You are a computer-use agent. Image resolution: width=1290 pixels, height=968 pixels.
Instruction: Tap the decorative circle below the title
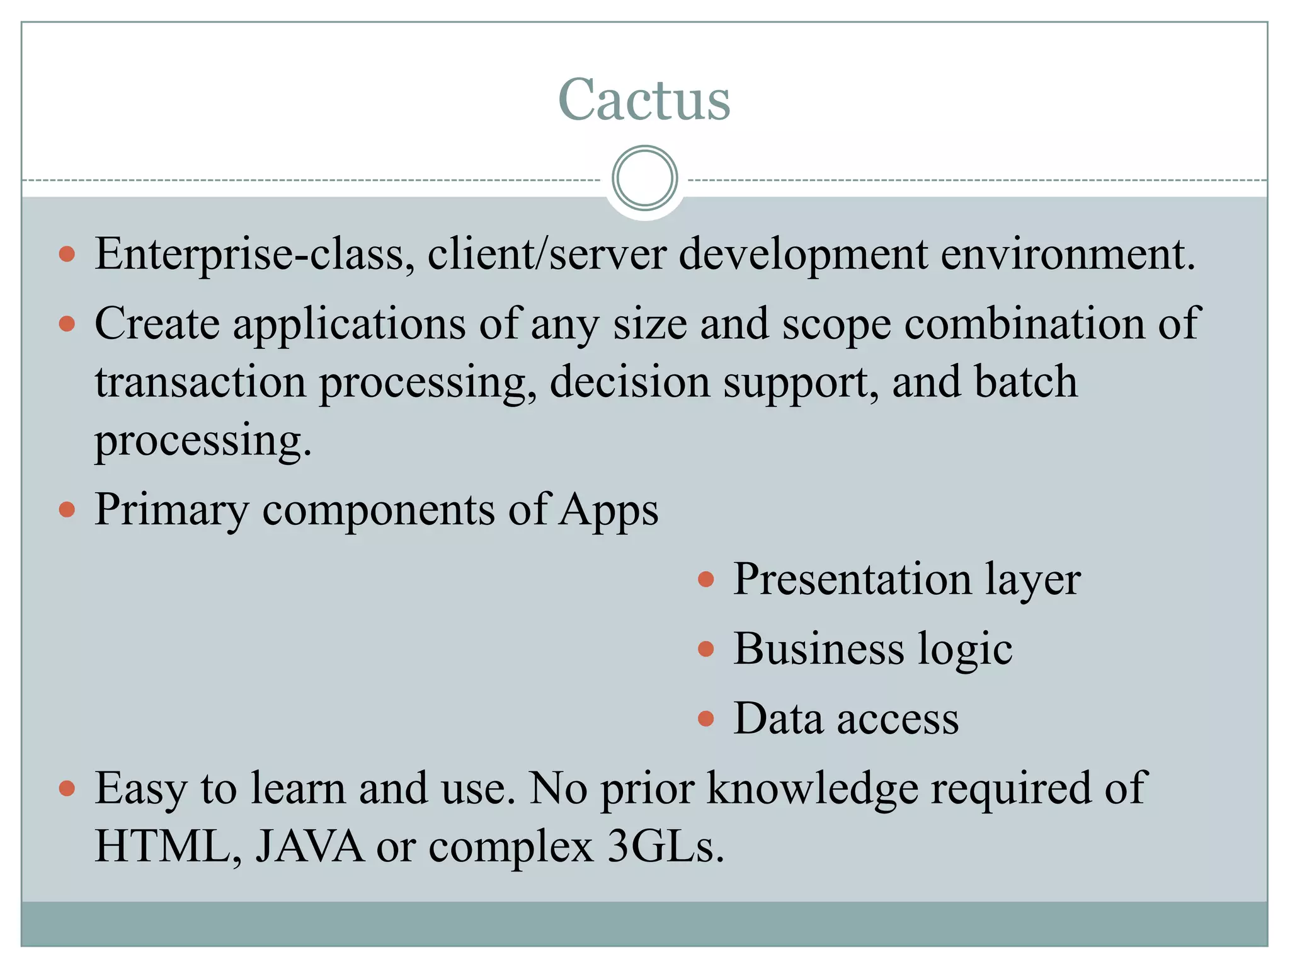(644, 178)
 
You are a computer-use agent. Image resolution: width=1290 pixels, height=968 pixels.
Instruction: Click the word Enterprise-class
(254, 254)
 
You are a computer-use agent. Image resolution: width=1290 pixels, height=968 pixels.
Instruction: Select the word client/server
(547, 254)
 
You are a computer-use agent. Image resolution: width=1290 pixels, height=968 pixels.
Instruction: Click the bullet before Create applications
(67, 324)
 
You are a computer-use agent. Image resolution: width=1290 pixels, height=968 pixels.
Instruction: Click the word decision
(629, 382)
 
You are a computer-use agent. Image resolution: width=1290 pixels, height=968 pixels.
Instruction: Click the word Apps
(608, 509)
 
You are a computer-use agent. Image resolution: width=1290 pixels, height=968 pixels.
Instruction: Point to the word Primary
(171, 509)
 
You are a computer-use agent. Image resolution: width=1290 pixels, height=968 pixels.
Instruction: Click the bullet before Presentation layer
(706, 579)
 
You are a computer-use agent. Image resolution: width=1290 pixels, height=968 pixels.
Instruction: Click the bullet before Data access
(706, 718)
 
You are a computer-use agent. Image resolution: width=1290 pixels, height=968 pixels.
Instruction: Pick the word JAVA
(309, 846)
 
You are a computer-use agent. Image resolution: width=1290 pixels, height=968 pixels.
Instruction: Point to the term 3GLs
(665, 846)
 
